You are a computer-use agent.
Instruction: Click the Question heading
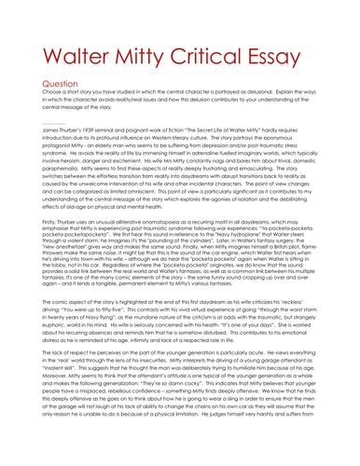coord(38,108)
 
